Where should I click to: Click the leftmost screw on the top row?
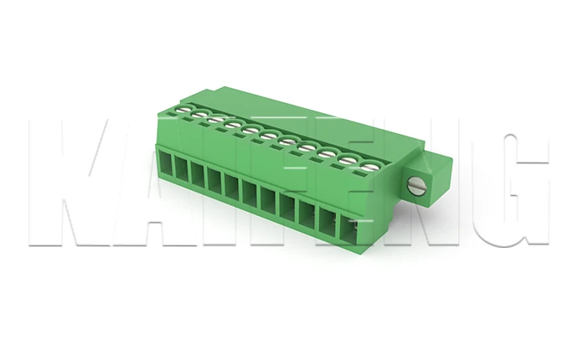pyautogui.click(x=181, y=110)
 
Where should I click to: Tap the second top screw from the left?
pyautogui.click(x=199, y=116)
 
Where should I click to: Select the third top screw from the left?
pyautogui.click(x=216, y=121)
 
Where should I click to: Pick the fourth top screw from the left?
pyautogui.click(x=234, y=126)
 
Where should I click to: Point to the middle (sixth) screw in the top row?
pyautogui.click(x=269, y=136)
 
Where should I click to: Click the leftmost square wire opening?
pyautogui.click(x=166, y=166)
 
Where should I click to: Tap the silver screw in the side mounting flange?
pyautogui.click(x=416, y=186)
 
